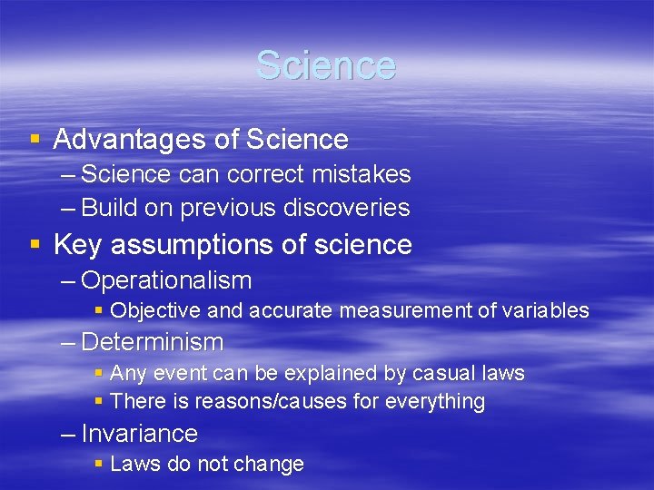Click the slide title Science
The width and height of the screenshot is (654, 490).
pyautogui.click(x=326, y=65)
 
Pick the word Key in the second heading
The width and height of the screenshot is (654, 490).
pyautogui.click(x=76, y=245)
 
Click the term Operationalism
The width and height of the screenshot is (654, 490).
pyautogui.click(x=166, y=280)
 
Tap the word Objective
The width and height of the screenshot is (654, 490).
pyautogui.click(x=155, y=311)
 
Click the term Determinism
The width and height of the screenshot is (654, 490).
pyautogui.click(x=152, y=342)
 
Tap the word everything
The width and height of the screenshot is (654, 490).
pyautogui.click(x=439, y=401)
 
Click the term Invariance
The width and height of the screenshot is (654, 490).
pyautogui.click(x=139, y=434)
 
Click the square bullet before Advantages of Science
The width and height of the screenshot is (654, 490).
pyautogui.click(x=35, y=140)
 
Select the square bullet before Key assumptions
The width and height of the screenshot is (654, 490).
pyautogui.click(x=35, y=245)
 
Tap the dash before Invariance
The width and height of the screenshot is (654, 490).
pyautogui.click(x=68, y=434)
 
